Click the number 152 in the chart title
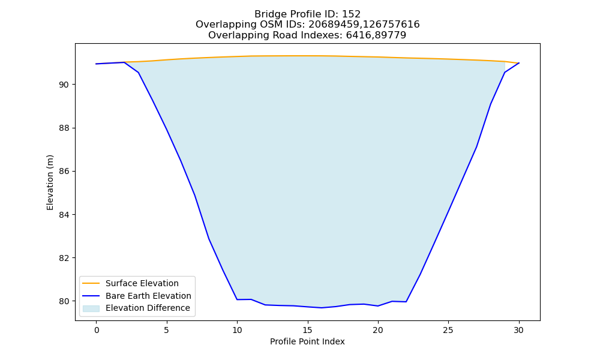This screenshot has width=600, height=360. [351, 14]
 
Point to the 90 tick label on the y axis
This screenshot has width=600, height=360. [64, 85]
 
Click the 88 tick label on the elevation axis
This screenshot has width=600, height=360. [64, 128]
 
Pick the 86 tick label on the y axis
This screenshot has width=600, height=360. [64, 172]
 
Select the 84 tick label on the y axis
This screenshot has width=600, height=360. [64, 215]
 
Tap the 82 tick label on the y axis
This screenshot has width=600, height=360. [64, 258]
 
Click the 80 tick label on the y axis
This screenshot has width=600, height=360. [64, 301]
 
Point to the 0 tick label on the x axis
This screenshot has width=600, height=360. [97, 330]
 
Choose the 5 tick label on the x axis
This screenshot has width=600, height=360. [166, 330]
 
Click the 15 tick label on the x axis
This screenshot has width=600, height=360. [307, 330]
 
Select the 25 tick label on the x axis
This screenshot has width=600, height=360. [448, 330]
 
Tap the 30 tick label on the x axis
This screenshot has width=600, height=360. [518, 330]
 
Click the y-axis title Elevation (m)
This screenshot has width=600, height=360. [50, 182]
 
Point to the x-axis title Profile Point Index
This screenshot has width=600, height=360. [307, 341]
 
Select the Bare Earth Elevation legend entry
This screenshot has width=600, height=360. [137, 296]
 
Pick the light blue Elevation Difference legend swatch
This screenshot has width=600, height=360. [91, 308]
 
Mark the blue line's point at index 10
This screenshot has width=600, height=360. [237, 299]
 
